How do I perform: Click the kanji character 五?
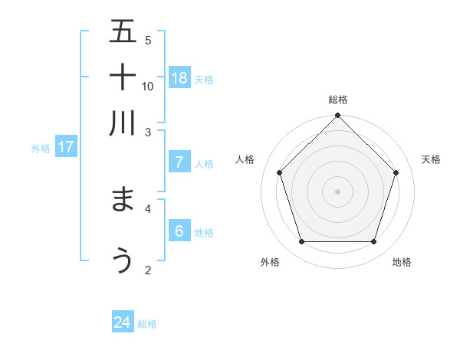tap(123, 32)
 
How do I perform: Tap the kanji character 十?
tap(123, 77)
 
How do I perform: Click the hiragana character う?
tap(123, 260)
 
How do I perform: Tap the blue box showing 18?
tap(179, 77)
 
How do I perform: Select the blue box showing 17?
tap(66, 147)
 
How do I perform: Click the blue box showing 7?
tap(179, 162)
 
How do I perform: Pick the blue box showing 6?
tap(179, 231)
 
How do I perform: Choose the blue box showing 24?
tap(123, 322)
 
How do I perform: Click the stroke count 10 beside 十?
tap(148, 86)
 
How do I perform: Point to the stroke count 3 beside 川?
tap(148, 132)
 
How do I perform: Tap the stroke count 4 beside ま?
tap(148, 208)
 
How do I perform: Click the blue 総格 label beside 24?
tap(147, 324)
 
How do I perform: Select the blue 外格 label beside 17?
tap(41, 149)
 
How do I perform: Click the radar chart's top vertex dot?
tap(337, 116)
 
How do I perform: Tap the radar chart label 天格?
tap(431, 159)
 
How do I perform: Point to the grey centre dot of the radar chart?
tap(337, 191)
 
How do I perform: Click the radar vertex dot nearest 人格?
tap(280, 172)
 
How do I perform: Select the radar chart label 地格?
tap(402, 262)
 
